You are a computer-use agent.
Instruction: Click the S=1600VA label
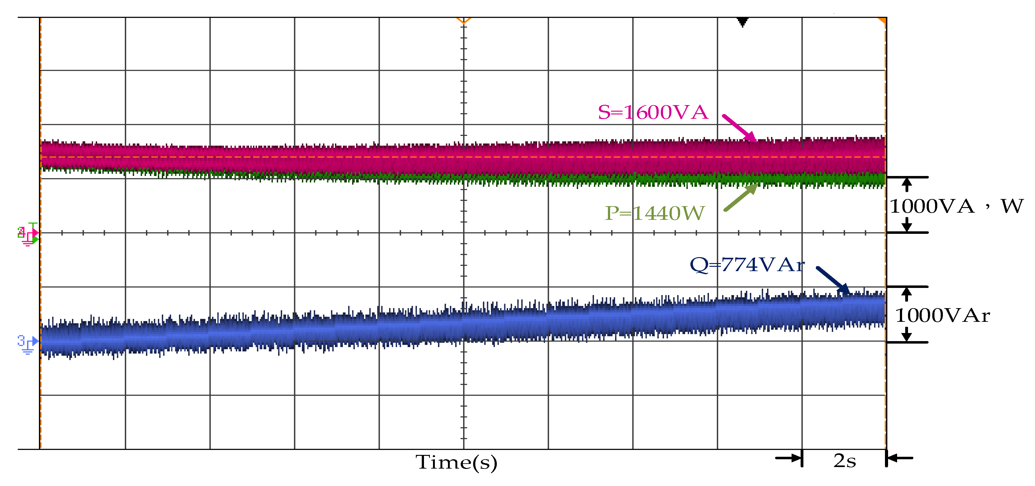tap(653, 112)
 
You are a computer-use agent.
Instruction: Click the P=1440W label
tap(655, 213)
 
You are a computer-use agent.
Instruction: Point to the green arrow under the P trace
tap(741, 197)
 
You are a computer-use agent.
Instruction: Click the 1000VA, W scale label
tap(956, 206)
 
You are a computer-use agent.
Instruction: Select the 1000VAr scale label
tap(942, 315)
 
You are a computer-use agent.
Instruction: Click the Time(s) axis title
tap(456, 462)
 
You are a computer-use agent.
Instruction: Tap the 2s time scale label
tap(844, 461)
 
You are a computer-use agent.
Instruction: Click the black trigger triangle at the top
tap(742, 22)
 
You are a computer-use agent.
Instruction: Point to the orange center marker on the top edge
tap(464, 21)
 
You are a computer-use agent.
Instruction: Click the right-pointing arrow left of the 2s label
tap(788, 458)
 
